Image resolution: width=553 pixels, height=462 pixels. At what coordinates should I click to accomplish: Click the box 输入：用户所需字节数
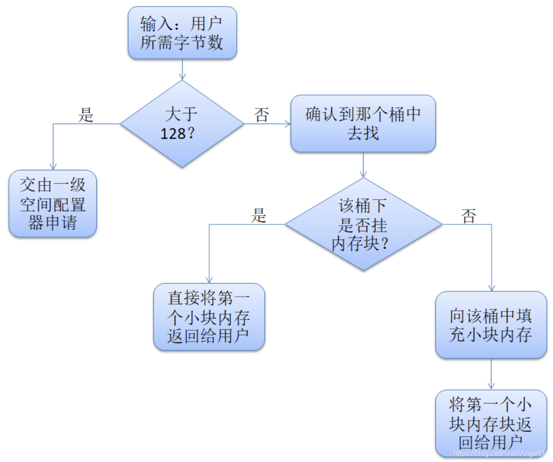coord(182,33)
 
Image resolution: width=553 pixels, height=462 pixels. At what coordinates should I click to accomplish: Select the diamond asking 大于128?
coord(182,124)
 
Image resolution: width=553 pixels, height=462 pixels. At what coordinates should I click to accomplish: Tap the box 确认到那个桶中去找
coord(363,123)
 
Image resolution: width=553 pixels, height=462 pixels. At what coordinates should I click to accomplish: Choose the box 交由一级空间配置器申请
coord(53,203)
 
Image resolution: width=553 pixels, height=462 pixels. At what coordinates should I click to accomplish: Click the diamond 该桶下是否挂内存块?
coord(363,225)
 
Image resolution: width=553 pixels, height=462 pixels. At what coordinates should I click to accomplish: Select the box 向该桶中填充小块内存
coord(491,325)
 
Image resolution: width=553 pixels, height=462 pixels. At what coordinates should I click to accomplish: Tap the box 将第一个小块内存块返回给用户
coord(491,423)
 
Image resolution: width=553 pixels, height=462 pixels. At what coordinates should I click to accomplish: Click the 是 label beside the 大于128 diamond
coord(86,115)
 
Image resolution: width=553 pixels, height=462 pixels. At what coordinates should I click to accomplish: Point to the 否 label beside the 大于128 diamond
coord(262,115)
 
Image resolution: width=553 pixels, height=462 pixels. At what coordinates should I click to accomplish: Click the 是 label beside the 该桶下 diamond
coord(258,215)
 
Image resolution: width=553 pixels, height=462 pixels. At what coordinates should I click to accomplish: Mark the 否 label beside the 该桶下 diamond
coord(469,215)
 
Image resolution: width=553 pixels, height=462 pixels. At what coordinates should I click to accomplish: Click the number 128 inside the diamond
coord(173,134)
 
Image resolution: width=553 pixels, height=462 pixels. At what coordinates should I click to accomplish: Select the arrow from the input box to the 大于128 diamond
coord(182,69)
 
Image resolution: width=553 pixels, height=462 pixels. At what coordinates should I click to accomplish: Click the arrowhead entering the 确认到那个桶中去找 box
coord(287,124)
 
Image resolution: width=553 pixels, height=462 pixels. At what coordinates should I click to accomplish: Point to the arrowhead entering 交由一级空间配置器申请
coord(53,167)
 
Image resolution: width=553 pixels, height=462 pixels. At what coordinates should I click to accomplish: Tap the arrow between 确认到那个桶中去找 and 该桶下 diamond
coord(363,165)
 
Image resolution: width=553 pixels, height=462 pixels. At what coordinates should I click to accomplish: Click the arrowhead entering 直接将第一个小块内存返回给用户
coord(209,280)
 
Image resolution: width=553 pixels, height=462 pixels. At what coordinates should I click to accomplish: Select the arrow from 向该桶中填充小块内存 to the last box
coord(491,374)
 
